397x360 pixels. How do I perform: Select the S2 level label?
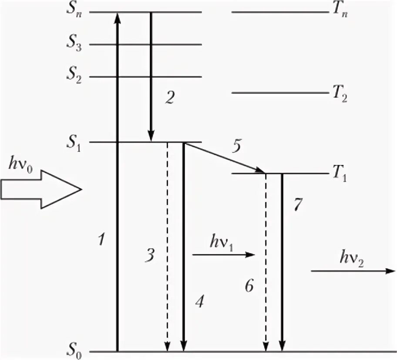pos(73,77)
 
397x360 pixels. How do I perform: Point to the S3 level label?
pos(73,44)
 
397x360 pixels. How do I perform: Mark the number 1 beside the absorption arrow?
pos(101,239)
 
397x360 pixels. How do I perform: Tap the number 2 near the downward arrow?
pos(169,98)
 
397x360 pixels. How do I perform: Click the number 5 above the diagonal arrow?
pos(236,147)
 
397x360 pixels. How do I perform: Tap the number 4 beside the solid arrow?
pos(199,301)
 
